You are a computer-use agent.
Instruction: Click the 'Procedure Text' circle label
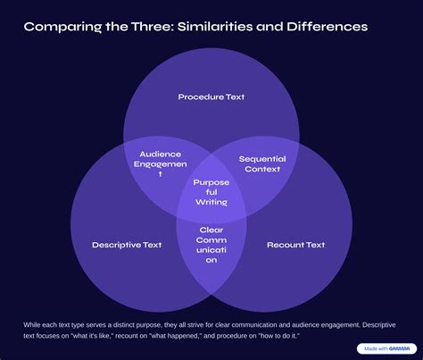click(x=211, y=96)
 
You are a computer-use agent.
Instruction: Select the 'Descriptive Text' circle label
click(x=127, y=245)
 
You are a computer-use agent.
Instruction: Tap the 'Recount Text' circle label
click(x=296, y=245)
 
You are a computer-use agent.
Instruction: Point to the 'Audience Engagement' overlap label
click(x=161, y=163)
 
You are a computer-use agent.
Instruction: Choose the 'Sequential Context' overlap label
click(x=262, y=163)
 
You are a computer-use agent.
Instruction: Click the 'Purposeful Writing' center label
click(x=211, y=192)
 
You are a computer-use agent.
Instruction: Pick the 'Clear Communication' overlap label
click(x=211, y=245)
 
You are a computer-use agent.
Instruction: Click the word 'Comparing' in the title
click(x=62, y=27)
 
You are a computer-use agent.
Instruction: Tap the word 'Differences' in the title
click(x=328, y=27)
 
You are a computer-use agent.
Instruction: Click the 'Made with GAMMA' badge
click(x=386, y=348)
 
